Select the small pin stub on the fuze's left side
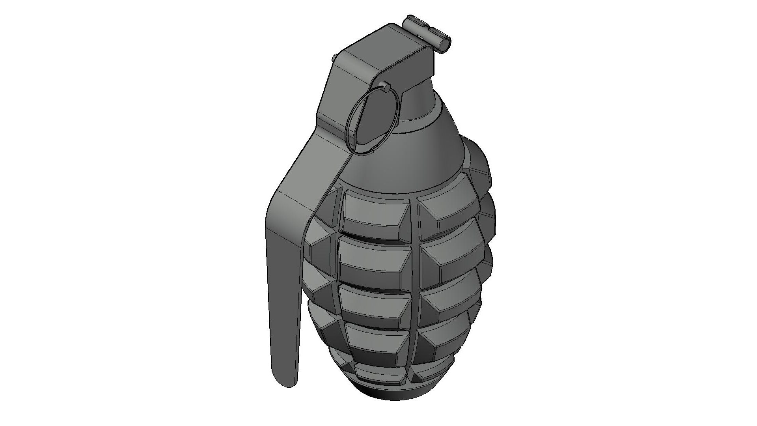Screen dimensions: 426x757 click(x=335, y=58)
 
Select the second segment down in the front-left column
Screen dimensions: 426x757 click(x=373, y=260)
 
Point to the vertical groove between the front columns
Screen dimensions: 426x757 click(x=415, y=284)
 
